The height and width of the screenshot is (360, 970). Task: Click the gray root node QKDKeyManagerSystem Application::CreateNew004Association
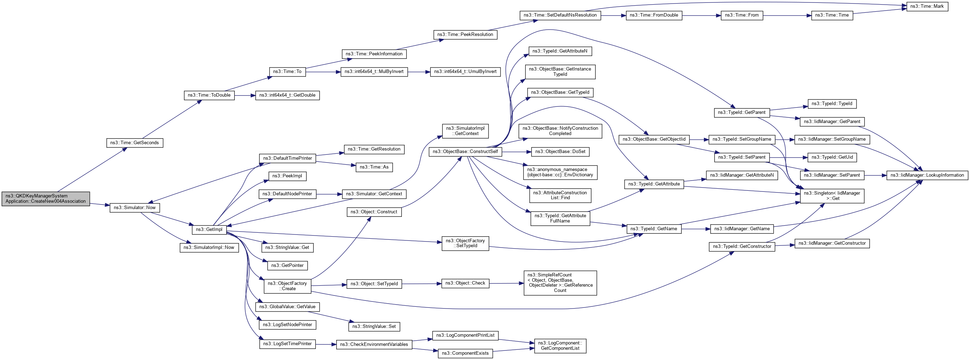point(45,199)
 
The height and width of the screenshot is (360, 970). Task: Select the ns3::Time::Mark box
point(927,6)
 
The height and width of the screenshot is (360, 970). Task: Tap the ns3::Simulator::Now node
point(135,207)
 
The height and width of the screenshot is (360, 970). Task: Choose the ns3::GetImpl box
point(209,229)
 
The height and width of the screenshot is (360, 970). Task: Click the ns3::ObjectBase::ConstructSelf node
point(465,152)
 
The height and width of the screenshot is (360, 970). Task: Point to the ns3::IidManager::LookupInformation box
point(927,175)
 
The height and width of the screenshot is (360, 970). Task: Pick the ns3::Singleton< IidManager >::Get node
point(832,196)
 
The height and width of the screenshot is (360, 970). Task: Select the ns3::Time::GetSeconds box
point(134,143)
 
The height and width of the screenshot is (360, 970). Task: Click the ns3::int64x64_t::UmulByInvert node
point(465,72)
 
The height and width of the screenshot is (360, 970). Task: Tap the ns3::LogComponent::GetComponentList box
point(560,346)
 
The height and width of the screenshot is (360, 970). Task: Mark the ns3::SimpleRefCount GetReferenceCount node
point(560,283)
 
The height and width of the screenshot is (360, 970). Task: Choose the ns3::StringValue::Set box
point(374,327)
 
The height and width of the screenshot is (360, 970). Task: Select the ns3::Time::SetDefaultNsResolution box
point(560,16)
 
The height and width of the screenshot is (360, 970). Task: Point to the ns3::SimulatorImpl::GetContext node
point(465,131)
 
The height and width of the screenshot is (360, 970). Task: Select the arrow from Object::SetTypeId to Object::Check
point(421,283)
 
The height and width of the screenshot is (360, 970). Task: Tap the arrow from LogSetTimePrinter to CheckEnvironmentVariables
point(326,344)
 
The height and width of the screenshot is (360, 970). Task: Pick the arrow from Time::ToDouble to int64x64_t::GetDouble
point(245,95)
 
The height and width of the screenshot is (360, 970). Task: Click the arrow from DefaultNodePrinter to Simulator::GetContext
point(329,194)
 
